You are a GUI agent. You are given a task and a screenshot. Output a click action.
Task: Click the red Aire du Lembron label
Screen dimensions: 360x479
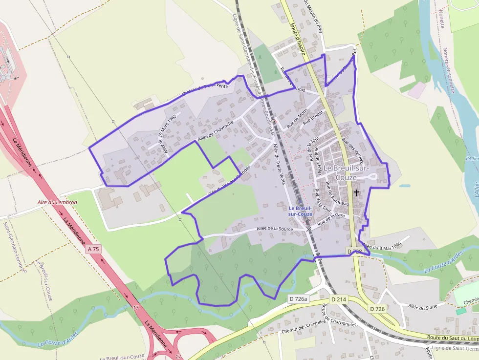tap(57, 202)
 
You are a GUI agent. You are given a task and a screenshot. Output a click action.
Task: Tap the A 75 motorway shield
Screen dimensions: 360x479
tap(93, 249)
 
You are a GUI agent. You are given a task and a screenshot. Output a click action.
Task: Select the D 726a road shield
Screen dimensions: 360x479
tap(298, 299)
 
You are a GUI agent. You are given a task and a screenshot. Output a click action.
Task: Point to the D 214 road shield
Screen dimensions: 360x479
tap(339, 299)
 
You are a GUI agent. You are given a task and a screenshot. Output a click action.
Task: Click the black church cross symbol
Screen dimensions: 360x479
tap(356, 193)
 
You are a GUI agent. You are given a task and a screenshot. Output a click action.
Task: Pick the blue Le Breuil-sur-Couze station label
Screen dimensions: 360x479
tap(300, 211)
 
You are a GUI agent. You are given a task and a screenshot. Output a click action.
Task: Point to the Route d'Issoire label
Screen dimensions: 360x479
tap(298, 39)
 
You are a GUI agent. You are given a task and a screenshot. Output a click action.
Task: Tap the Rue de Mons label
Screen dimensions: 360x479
tap(297, 118)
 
